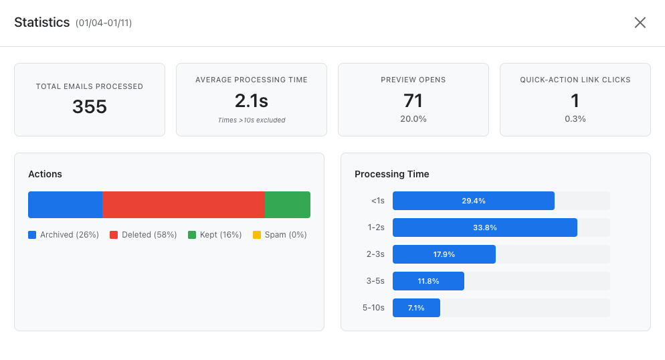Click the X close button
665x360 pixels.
click(640, 23)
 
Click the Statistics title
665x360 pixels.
click(41, 23)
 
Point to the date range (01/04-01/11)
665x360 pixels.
click(104, 23)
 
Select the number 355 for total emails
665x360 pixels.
click(90, 107)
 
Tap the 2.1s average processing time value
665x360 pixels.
click(252, 101)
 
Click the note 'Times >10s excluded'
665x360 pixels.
click(252, 120)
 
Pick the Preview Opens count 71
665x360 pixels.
click(413, 101)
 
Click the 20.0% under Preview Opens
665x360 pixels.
click(413, 119)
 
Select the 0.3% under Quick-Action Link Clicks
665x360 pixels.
click(575, 119)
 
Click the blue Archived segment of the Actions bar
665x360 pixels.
click(65, 205)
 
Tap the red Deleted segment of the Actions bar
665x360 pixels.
click(183, 205)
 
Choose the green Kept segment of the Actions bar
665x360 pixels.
click(288, 205)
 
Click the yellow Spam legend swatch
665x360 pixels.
click(257, 235)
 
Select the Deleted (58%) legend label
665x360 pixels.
click(149, 235)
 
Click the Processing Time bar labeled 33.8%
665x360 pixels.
click(484, 228)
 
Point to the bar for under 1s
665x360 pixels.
click(474, 201)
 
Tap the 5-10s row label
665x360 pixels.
click(373, 308)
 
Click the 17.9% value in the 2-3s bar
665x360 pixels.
click(444, 254)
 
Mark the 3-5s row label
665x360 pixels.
click(375, 281)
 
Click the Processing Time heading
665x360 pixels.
click(392, 174)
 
